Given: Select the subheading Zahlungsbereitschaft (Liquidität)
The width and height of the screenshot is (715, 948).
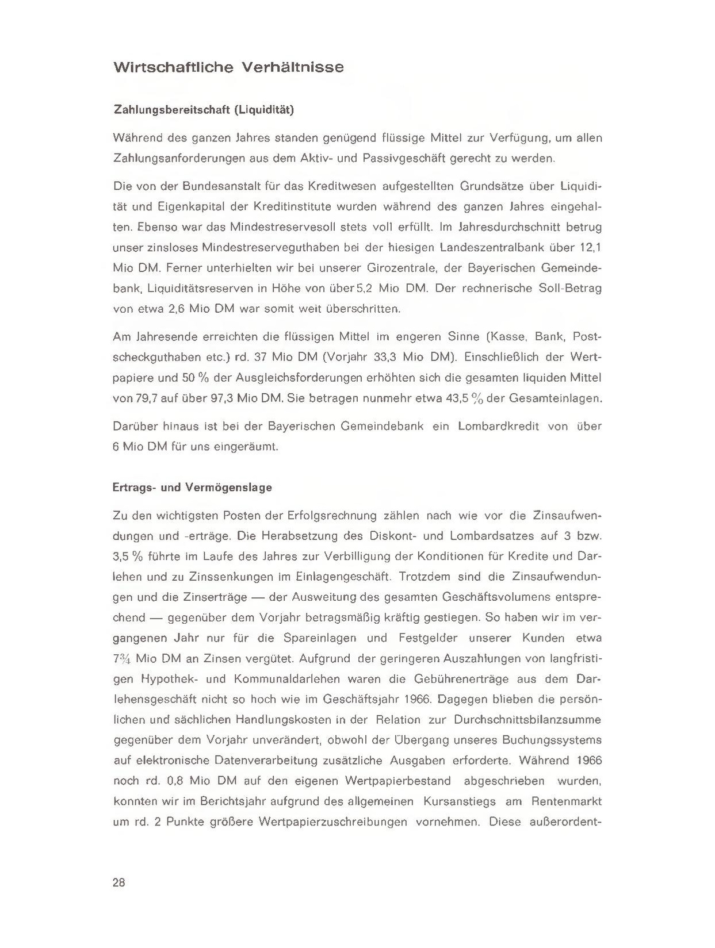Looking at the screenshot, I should pos(204,109).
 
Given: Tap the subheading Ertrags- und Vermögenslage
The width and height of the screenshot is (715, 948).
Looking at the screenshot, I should pos(193,488).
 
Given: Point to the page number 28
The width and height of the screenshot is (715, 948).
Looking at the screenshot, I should pos(119,883).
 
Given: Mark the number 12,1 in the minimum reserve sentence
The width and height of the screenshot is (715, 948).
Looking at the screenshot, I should pos(589,248).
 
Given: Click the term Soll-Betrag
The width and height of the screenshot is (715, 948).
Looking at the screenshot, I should pos(569,289).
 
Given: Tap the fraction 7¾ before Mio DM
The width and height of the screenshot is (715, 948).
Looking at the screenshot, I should pos(121,659).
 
